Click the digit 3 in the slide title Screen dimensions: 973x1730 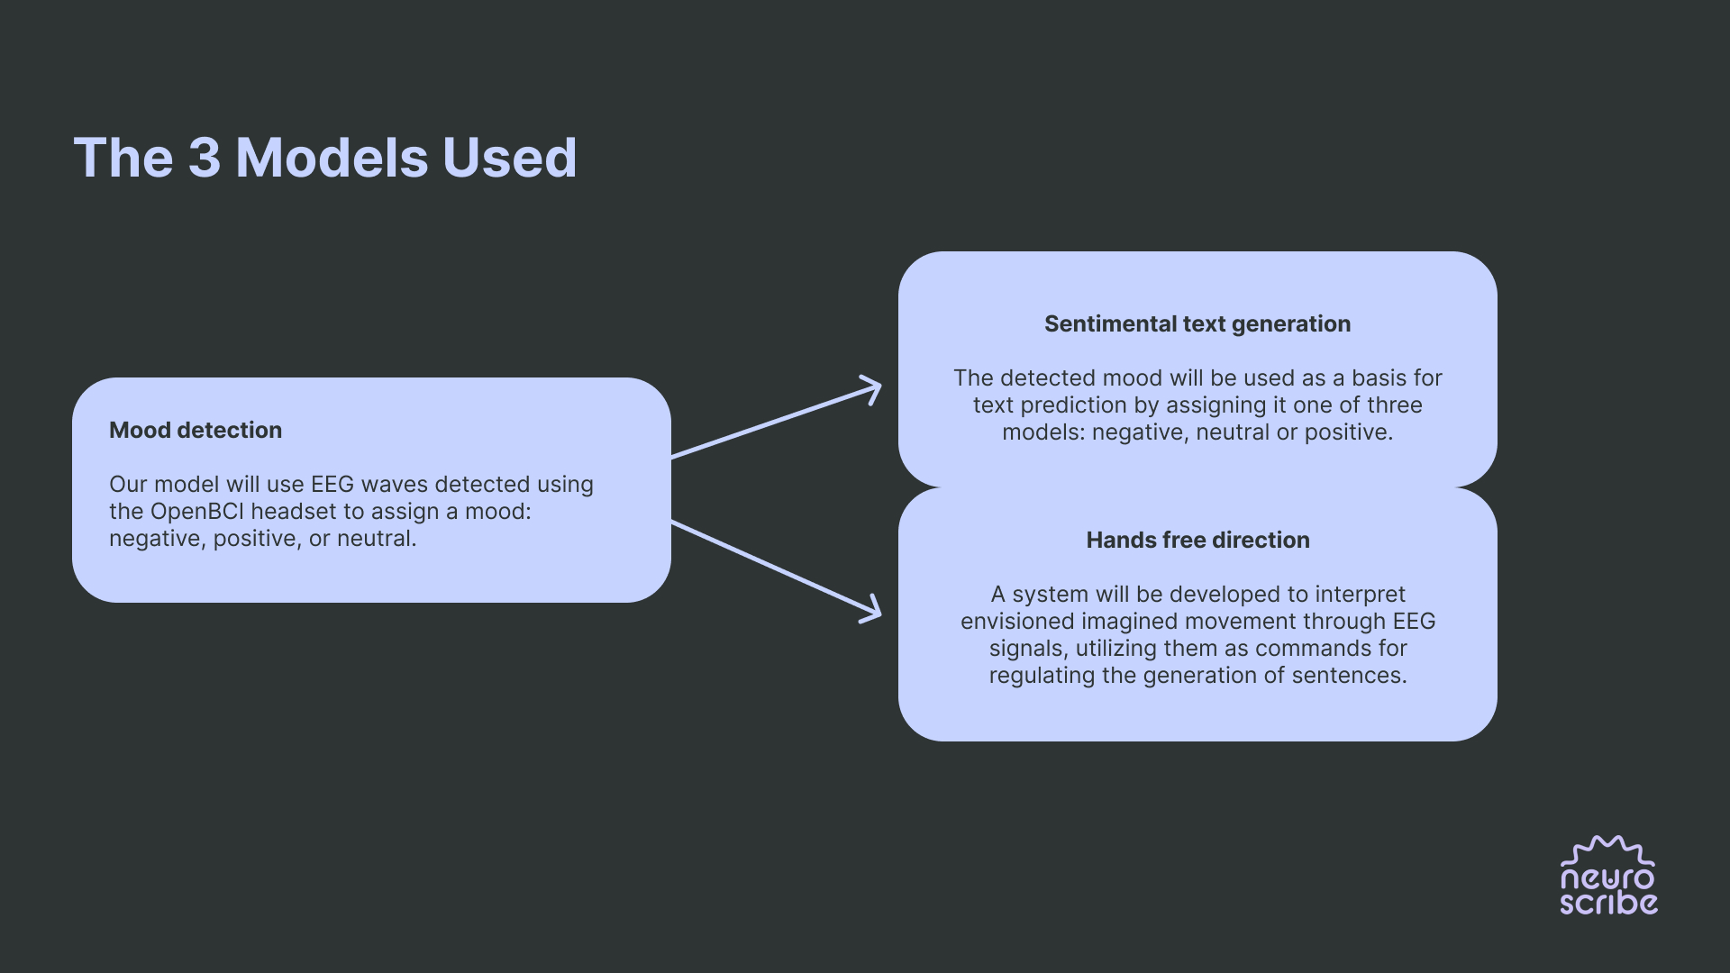(x=205, y=159)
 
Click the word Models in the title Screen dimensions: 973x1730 (x=332, y=159)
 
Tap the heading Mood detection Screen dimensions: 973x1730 (x=196, y=431)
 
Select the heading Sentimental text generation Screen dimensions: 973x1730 (x=1197, y=324)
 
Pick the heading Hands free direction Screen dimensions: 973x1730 (x=1197, y=541)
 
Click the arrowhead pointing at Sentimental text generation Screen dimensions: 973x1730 (x=871, y=389)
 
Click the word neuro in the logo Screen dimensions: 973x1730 (x=1607, y=878)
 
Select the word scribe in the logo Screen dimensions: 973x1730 (x=1608, y=903)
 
